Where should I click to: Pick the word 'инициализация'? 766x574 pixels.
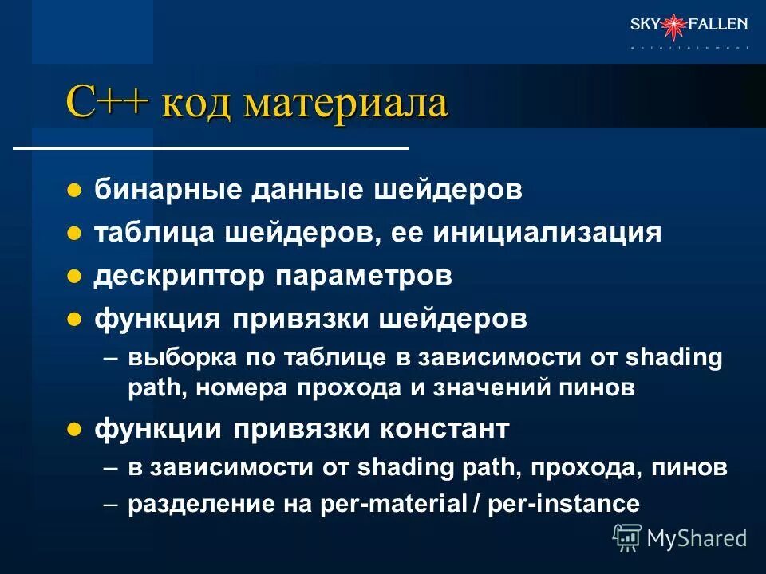coord(547,234)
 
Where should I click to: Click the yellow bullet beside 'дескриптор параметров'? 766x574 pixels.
coord(74,277)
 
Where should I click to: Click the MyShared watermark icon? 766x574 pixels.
coord(627,537)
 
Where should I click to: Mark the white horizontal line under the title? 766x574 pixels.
coord(211,148)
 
